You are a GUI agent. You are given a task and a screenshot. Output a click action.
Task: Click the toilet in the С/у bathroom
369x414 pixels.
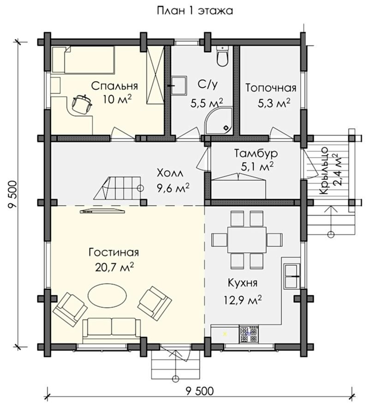coord(223,56)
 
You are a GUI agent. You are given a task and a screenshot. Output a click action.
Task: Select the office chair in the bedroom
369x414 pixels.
coord(82,103)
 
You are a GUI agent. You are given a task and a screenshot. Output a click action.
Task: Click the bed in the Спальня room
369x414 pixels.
coord(83,60)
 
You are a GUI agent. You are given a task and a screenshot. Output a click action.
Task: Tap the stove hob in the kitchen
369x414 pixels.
coord(249,334)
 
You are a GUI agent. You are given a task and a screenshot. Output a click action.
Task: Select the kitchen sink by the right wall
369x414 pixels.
coord(292,276)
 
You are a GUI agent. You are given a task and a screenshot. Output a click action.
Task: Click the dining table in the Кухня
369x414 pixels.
coord(247,240)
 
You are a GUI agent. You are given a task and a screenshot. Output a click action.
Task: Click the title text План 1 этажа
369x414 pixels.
coord(195,11)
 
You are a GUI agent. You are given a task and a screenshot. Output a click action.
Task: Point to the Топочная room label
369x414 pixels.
coord(271,88)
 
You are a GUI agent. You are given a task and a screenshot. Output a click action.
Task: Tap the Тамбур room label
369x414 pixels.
coord(256,153)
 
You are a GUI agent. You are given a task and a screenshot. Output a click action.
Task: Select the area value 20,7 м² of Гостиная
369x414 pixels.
coord(114,268)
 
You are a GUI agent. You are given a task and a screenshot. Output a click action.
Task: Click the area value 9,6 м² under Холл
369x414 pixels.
coord(173,188)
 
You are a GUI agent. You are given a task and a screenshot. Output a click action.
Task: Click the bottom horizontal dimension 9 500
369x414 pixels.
coord(200,391)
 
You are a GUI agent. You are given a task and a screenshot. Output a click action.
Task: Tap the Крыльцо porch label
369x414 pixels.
coord(324,171)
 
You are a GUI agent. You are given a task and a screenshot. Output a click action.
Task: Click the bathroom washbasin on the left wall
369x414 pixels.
coord(179,85)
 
